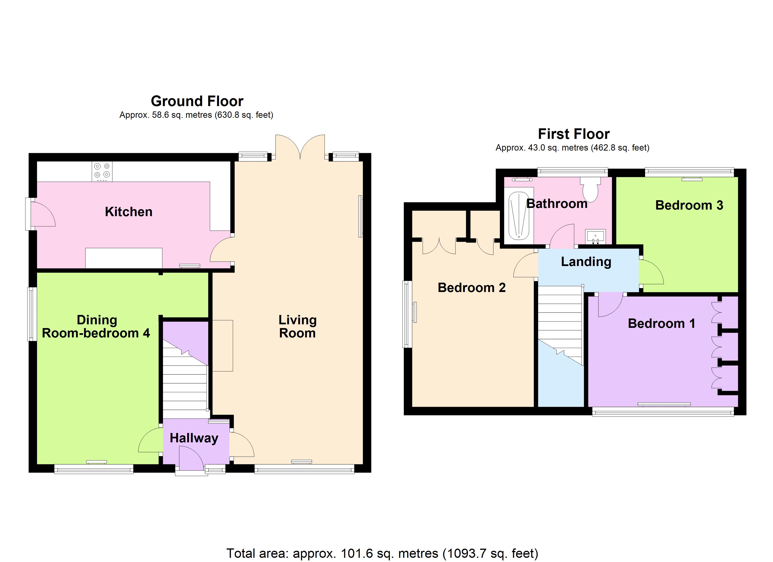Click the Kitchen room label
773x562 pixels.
(129, 212)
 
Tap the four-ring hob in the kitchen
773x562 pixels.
(102, 171)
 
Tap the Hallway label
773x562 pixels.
(194, 438)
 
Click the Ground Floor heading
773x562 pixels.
(197, 101)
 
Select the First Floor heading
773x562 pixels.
(574, 134)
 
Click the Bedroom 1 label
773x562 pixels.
(662, 323)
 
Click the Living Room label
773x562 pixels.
(297, 326)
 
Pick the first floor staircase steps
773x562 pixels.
(560, 325)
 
